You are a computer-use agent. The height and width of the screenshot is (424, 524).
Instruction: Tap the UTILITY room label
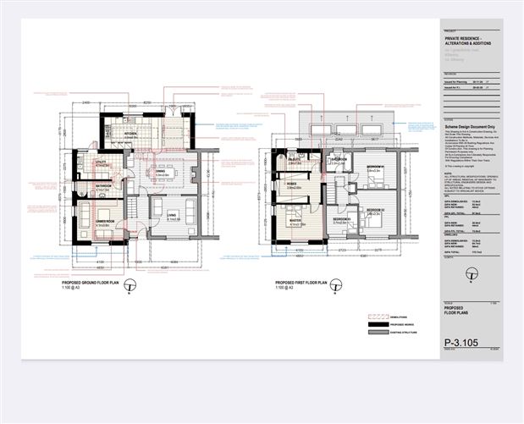point(99,162)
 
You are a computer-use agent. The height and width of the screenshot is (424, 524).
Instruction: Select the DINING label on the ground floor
point(160,171)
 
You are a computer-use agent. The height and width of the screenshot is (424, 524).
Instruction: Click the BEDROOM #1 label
point(376,168)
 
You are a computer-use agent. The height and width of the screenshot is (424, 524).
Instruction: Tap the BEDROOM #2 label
point(376,210)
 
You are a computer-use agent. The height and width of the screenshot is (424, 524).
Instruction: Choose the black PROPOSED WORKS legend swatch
point(375,324)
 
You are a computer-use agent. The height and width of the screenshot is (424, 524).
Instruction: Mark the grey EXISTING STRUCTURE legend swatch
point(375,334)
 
